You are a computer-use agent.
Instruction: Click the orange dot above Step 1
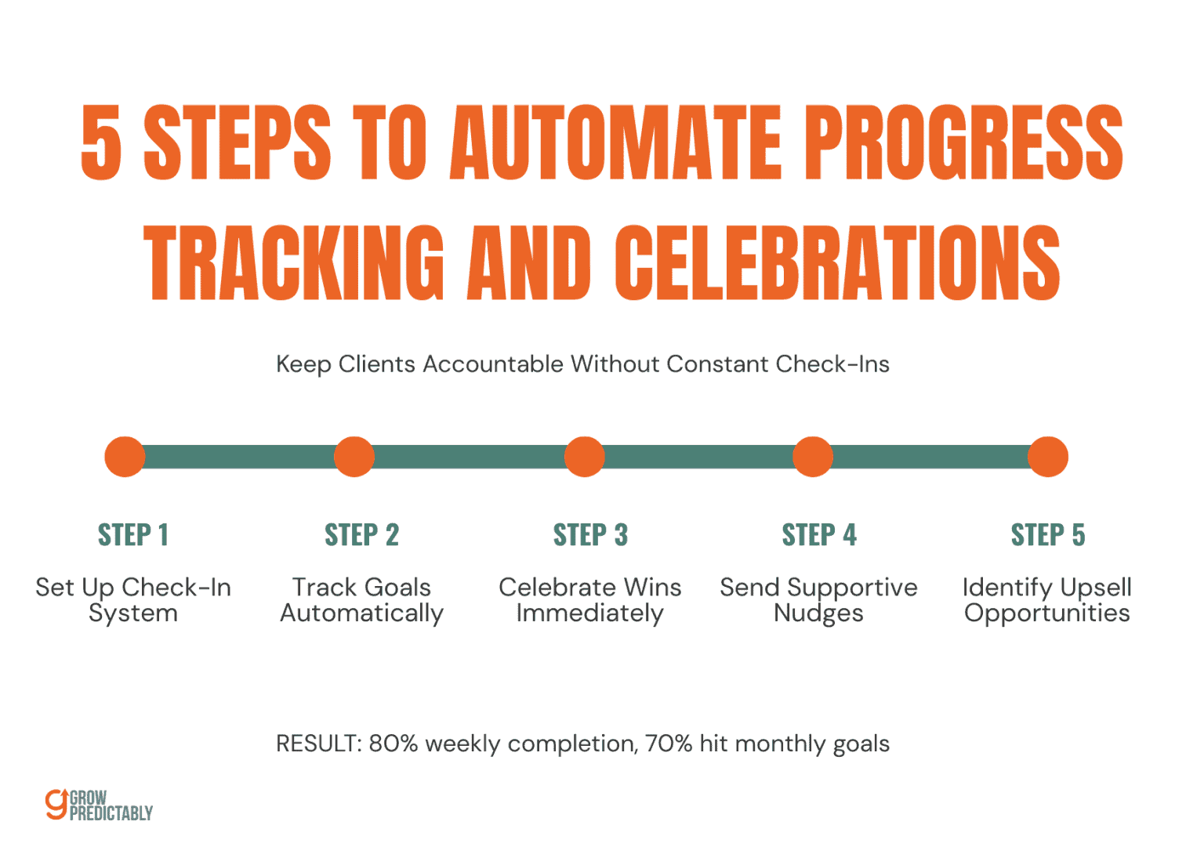tap(125, 457)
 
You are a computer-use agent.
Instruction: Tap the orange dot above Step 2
tap(354, 457)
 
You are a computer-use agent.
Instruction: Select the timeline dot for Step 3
tap(584, 457)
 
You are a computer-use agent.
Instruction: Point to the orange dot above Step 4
tap(812, 457)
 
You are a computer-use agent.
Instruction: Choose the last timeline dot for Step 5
tap(1047, 457)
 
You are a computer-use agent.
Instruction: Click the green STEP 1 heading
tap(132, 535)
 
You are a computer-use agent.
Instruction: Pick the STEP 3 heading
tap(590, 535)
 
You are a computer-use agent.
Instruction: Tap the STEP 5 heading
tap(1047, 535)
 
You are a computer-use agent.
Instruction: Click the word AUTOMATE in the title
tap(615, 143)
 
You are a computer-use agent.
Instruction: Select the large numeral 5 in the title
tap(102, 143)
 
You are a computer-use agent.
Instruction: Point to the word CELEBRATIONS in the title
tap(836, 262)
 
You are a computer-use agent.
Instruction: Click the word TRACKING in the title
tap(294, 262)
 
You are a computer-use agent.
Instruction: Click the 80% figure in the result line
tap(393, 744)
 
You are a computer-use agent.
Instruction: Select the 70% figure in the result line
tap(669, 744)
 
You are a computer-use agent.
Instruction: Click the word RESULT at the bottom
tap(317, 744)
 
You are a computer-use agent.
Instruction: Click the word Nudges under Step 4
tap(818, 613)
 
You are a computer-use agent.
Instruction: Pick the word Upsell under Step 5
tap(1093, 588)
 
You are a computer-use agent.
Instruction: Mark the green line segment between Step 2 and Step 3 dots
tap(469, 457)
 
